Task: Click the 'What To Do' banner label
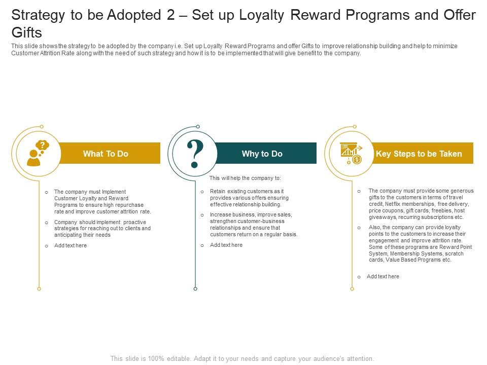pyautogui.click(x=106, y=154)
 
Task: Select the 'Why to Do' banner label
pyautogui.click(x=262, y=154)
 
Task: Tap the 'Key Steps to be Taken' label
pyautogui.click(x=419, y=154)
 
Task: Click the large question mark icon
pyautogui.click(x=195, y=154)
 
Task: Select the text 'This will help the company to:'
pyautogui.click(x=245, y=178)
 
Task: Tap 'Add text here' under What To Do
pyautogui.click(x=70, y=245)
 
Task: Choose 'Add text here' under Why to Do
pyautogui.click(x=226, y=245)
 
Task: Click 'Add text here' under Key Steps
pyautogui.click(x=382, y=276)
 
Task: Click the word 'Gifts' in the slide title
pyautogui.click(x=26, y=33)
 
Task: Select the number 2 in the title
pyautogui.click(x=170, y=15)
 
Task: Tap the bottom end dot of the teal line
pyautogui.click(x=195, y=289)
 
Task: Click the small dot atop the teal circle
pyautogui.click(x=198, y=127)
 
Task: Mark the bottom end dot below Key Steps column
pyautogui.click(x=352, y=289)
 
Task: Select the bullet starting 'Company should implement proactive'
pyautogui.click(x=102, y=228)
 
